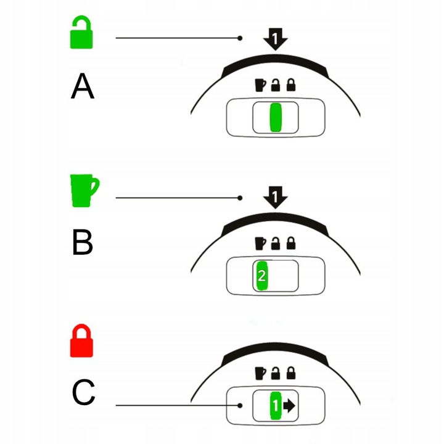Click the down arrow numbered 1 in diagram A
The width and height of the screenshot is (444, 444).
click(276, 40)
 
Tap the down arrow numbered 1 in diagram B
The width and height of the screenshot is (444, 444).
click(276, 198)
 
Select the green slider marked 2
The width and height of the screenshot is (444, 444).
click(261, 276)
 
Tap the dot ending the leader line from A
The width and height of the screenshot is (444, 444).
click(239, 39)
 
